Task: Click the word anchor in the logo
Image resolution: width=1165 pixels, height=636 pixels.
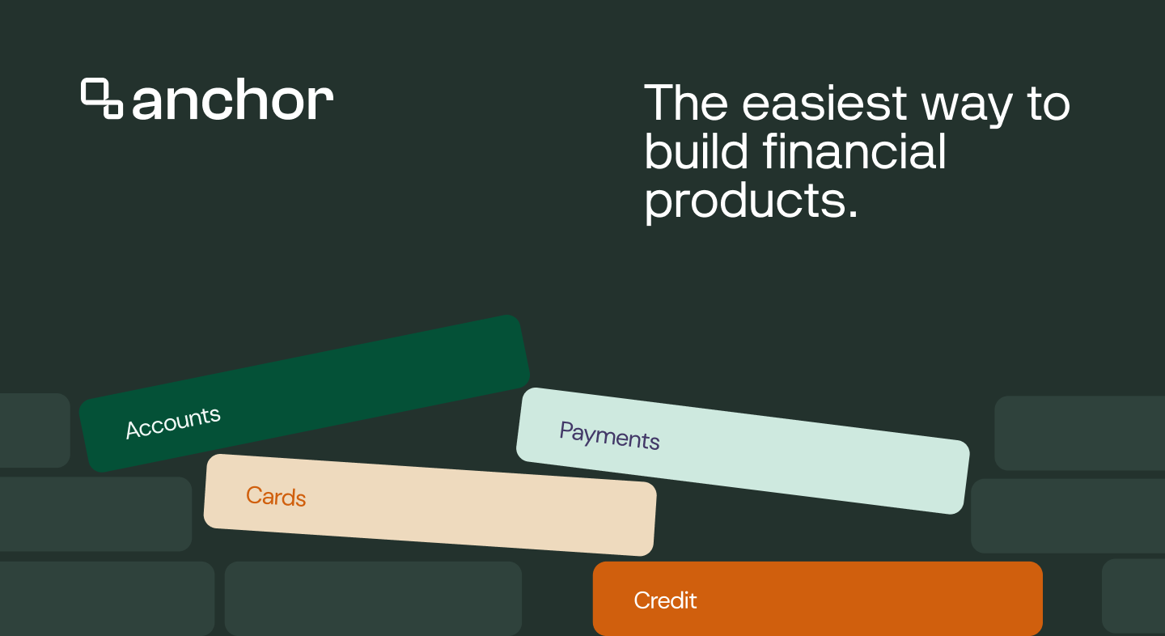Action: point(232,99)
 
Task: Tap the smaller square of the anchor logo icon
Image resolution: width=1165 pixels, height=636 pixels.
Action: point(113,109)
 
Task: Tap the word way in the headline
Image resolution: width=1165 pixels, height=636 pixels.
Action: point(967,107)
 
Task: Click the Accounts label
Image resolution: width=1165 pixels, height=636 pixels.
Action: point(173,423)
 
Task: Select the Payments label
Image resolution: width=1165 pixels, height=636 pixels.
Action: point(609,436)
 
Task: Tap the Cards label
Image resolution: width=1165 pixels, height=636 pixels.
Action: point(276,496)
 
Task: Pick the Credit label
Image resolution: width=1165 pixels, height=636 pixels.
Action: point(665,600)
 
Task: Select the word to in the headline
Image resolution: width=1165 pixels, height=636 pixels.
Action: point(1048,104)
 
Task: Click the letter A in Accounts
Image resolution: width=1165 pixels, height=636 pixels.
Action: point(134,430)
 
